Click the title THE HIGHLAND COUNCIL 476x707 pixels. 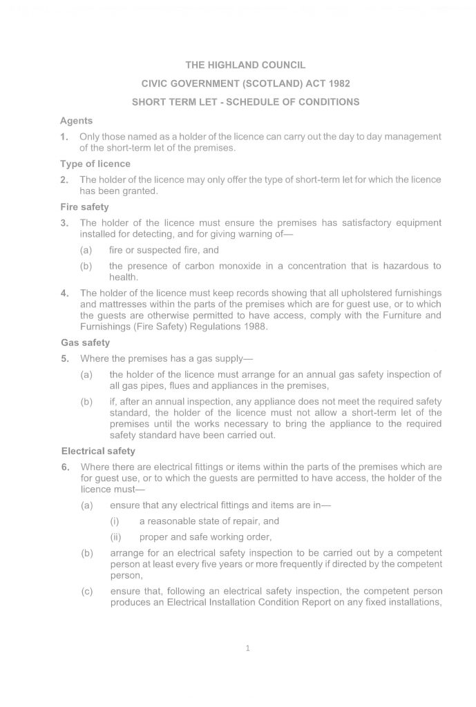[x=238, y=66]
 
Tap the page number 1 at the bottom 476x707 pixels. [x=247, y=648]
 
